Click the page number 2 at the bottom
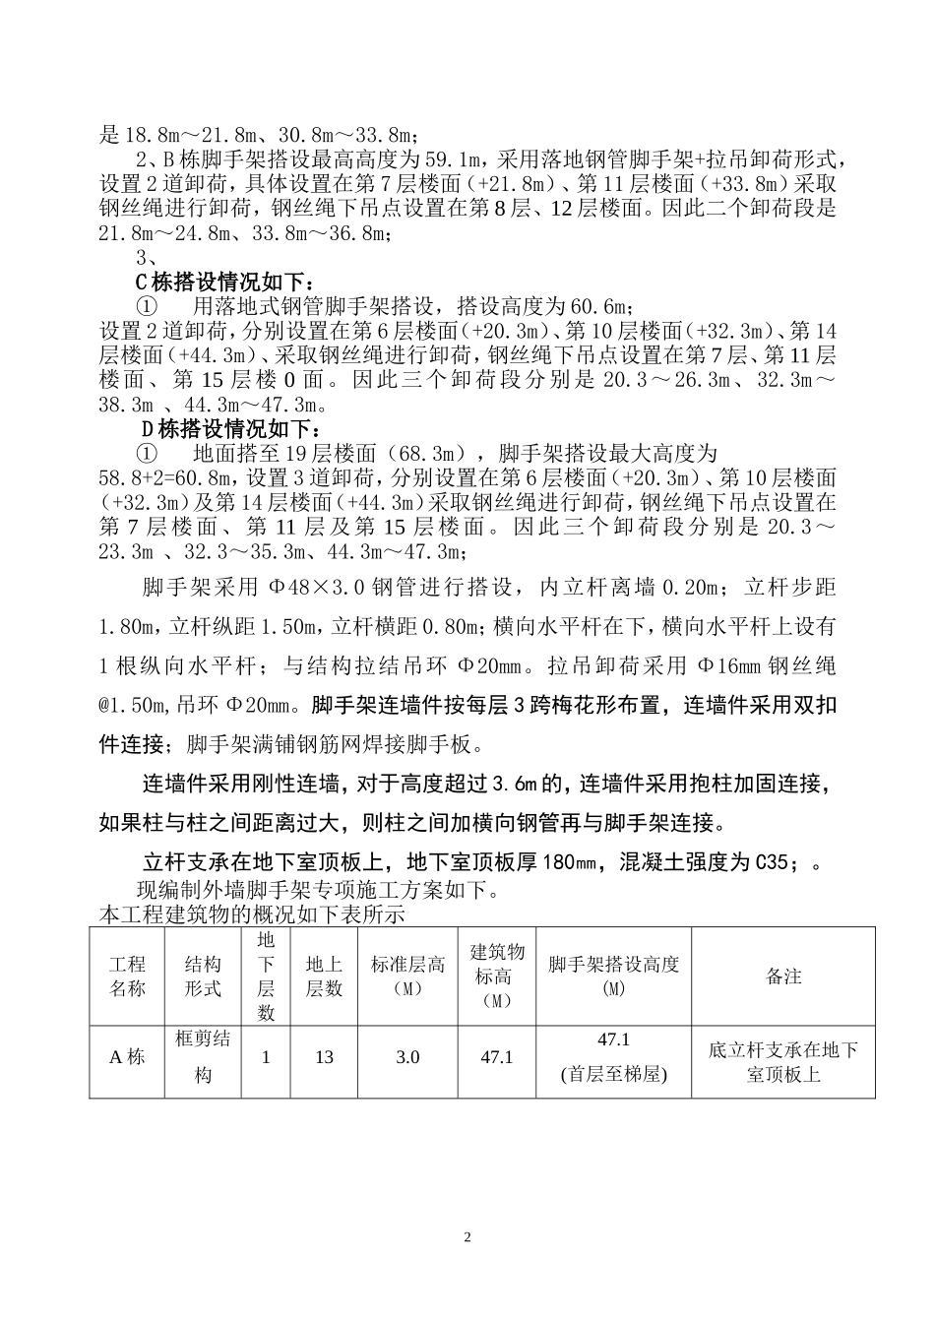(467, 1237)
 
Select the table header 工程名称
(127, 976)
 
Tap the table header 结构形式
(203, 976)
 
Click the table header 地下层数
(266, 976)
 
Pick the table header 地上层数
(324, 976)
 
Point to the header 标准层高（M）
(407, 976)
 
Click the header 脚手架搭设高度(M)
(614, 976)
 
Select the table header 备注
(783, 976)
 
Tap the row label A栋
(127, 1057)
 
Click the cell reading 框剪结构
(203, 1057)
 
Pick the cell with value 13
(324, 1057)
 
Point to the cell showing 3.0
(407, 1057)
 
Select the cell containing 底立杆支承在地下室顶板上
(783, 1062)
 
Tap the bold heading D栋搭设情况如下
(232, 429)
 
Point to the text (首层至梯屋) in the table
(614, 1074)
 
